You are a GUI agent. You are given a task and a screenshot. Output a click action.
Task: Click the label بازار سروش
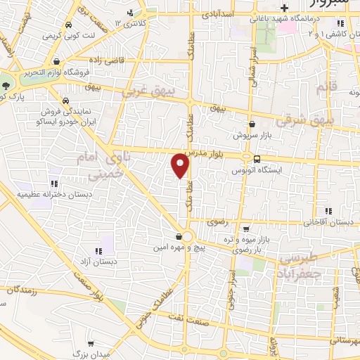[251, 134]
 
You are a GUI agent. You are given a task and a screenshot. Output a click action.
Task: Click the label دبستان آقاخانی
[328, 222]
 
